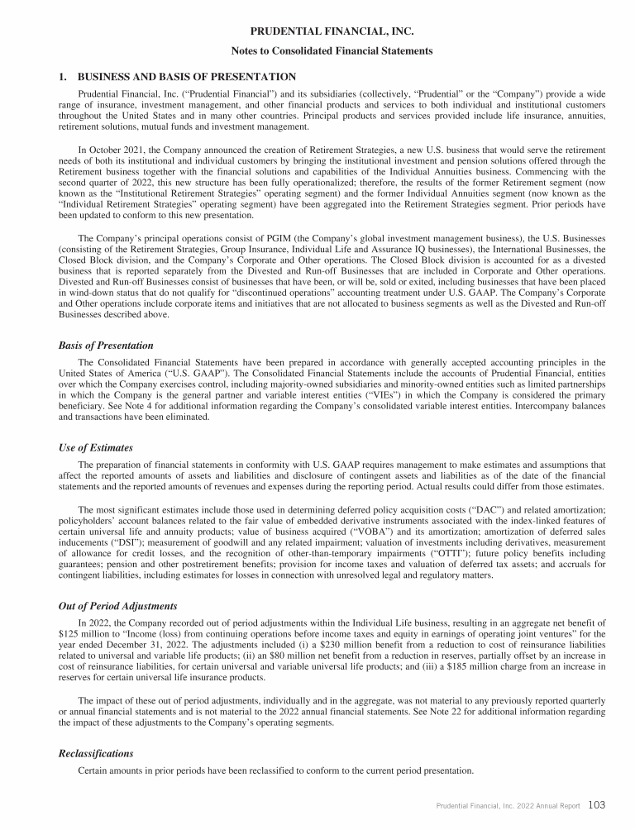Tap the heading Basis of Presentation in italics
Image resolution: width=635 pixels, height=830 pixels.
point(107,345)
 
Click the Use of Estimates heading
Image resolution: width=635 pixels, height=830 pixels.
point(96,447)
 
